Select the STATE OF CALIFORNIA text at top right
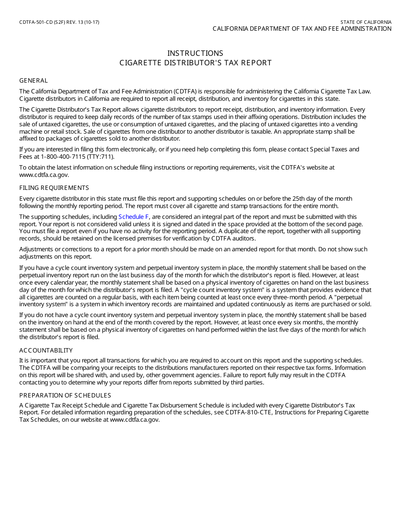point(366,22)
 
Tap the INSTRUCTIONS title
point(195,53)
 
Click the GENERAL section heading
point(33,80)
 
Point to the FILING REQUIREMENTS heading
point(54,188)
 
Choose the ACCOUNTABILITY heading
point(46,350)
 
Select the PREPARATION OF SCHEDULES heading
point(65,395)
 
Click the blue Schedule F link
point(134,217)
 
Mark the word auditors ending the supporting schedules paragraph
point(243,239)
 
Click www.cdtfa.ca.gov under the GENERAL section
point(44,175)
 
